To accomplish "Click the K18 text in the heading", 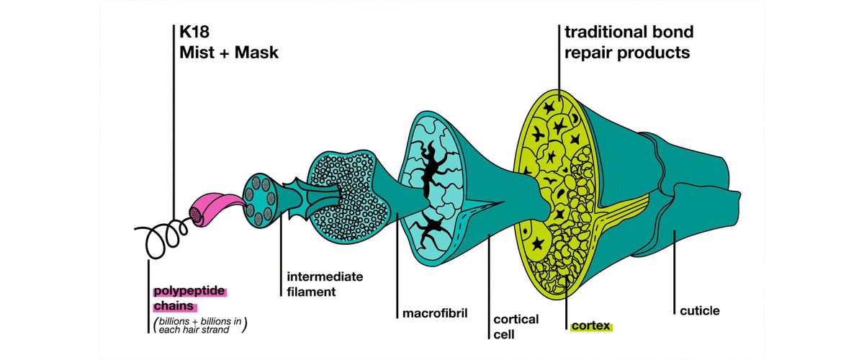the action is point(194,32).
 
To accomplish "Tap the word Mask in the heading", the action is point(256,53).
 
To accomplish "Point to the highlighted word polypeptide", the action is point(189,292).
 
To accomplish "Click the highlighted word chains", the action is point(174,306).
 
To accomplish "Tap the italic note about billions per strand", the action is point(200,325).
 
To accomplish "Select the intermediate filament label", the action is point(325,284).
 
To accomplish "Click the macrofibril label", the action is point(435,313).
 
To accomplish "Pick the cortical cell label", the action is point(516,326).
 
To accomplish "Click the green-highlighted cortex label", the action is point(591,326).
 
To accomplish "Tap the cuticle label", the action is point(700,311).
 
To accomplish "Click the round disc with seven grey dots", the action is point(259,201).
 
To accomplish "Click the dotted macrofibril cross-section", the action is point(347,197).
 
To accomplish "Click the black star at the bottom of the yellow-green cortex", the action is point(538,243).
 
